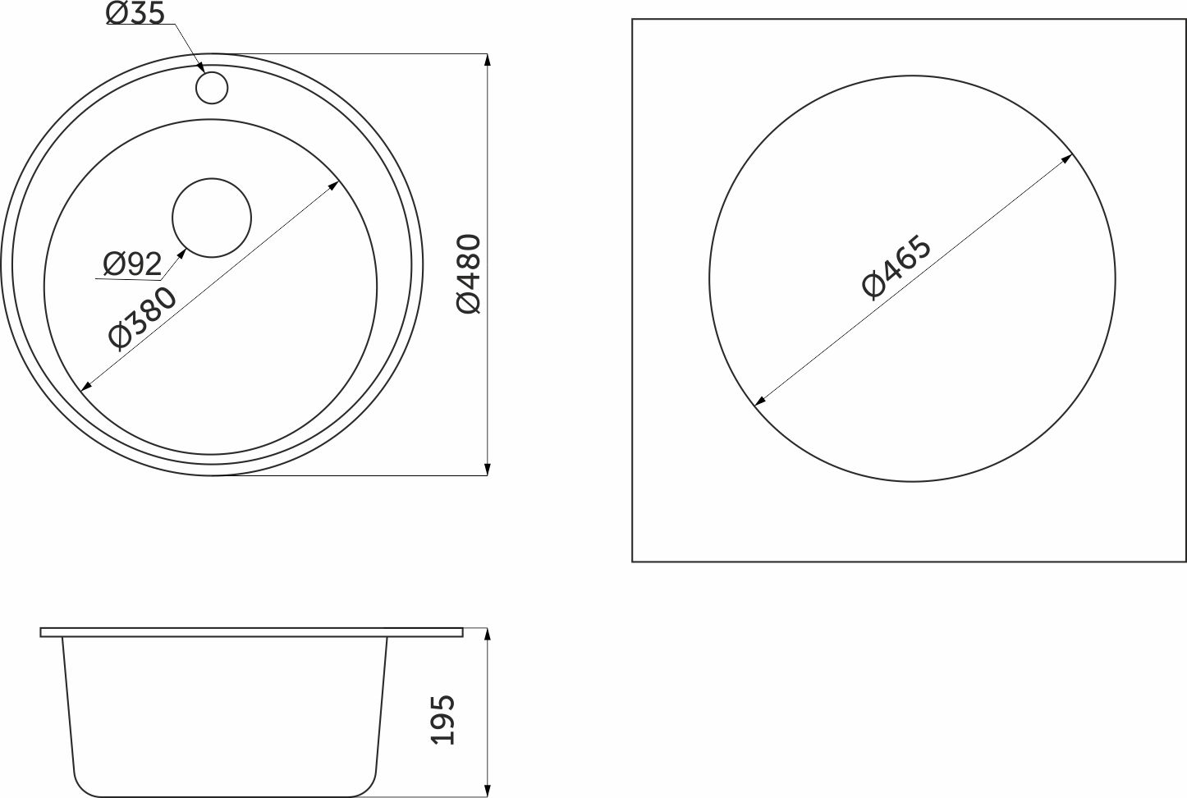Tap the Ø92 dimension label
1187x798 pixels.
pos(132,264)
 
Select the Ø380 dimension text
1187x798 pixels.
pos(141,319)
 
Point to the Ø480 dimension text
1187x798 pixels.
pos(469,274)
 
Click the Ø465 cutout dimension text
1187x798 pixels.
pos(896,267)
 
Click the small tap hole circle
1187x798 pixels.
pos(212,88)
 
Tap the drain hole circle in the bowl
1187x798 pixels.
pos(212,218)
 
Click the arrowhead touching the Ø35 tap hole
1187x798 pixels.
pos(201,68)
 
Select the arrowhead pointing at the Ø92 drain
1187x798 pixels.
pos(181,253)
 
